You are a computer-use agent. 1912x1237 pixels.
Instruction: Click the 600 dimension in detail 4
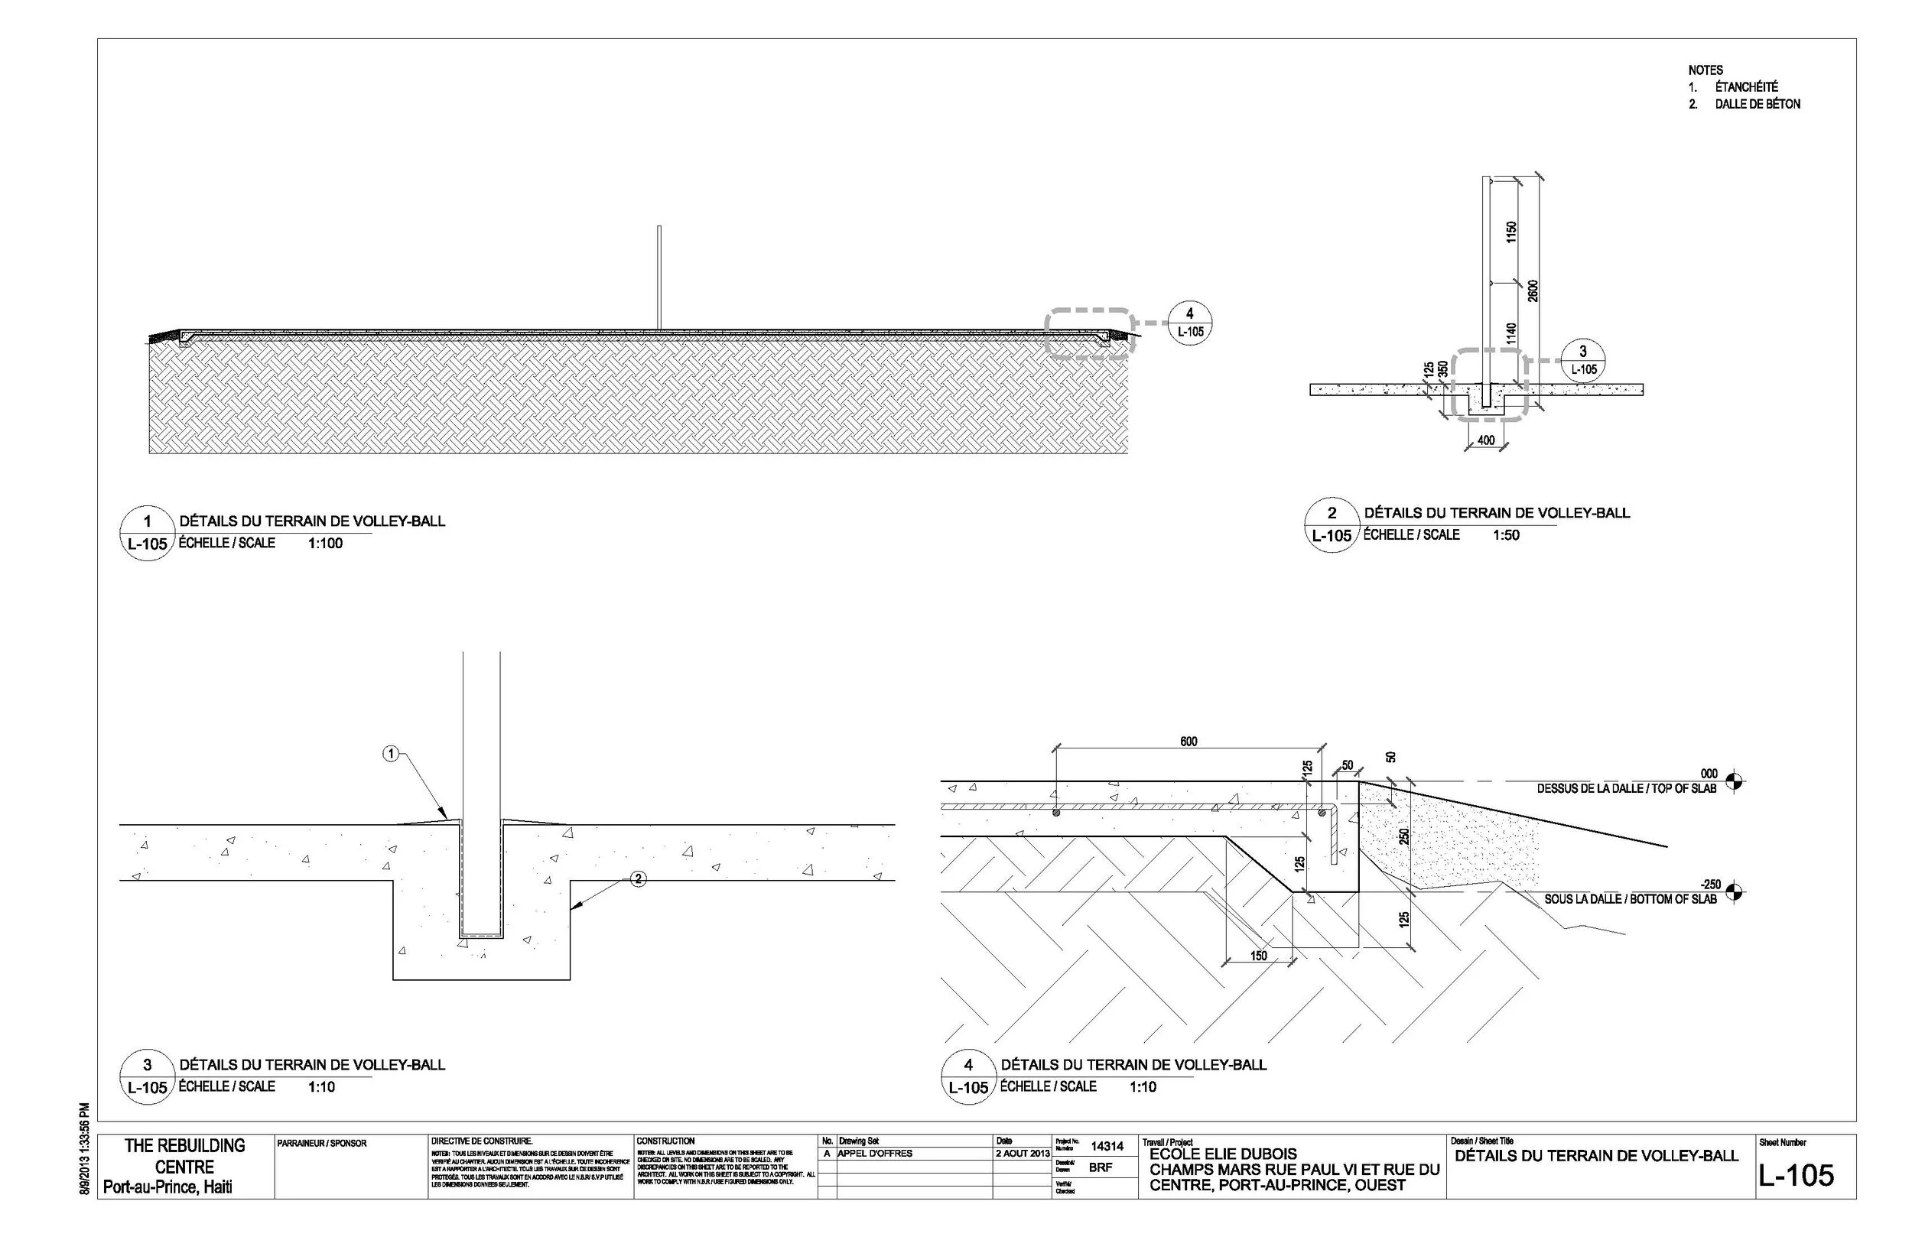(1188, 742)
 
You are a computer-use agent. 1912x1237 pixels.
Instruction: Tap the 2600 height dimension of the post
(1533, 291)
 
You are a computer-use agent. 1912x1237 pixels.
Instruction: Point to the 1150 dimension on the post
(1511, 233)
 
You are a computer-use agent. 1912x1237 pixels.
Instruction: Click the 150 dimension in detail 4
(1258, 956)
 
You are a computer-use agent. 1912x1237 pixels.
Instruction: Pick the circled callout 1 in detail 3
(391, 754)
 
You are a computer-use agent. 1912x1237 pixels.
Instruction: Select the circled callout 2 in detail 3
(638, 878)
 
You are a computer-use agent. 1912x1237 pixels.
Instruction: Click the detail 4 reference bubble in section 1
(1190, 322)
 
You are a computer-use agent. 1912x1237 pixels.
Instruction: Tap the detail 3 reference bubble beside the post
(1583, 359)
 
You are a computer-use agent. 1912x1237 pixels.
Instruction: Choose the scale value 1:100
(324, 544)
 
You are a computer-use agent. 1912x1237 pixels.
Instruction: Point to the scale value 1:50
(1507, 536)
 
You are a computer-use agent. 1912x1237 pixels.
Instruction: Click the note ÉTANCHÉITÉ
(1746, 86)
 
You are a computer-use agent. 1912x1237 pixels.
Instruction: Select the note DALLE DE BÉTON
(1757, 105)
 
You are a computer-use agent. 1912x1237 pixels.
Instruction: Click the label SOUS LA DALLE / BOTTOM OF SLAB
(1630, 900)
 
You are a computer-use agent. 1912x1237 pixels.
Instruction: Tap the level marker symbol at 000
(1734, 780)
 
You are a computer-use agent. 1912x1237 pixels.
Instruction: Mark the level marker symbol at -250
(1734, 891)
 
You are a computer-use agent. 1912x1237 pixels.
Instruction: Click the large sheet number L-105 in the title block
(1797, 1176)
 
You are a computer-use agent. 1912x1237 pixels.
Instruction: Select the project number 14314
(1106, 1146)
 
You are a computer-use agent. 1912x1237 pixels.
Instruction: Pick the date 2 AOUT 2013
(1023, 1154)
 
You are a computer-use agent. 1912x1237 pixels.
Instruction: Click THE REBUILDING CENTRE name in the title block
(185, 1156)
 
